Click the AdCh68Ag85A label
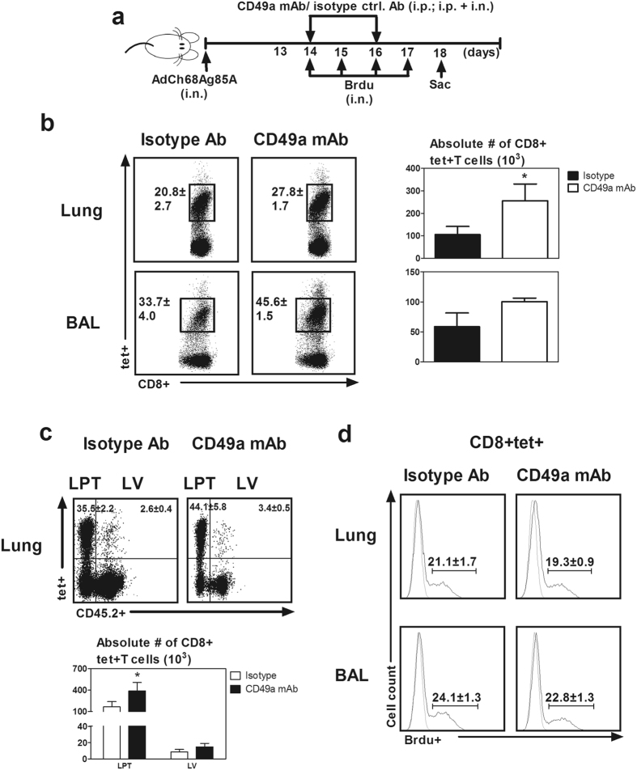(206, 81)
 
